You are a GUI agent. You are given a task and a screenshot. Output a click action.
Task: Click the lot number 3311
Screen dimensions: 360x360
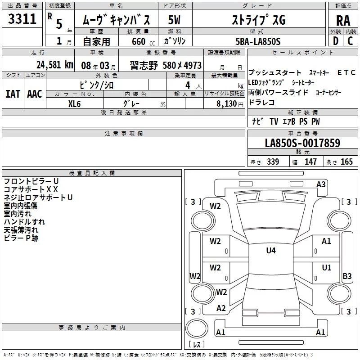pyautogui.click(x=22, y=18)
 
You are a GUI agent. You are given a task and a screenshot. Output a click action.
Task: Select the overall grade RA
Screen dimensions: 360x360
pyautogui.click(x=343, y=21)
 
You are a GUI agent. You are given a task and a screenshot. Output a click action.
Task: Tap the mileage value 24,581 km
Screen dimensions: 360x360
pyautogui.click(x=54, y=65)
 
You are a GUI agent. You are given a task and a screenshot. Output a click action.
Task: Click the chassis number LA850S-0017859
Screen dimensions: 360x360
pyautogui.click(x=302, y=143)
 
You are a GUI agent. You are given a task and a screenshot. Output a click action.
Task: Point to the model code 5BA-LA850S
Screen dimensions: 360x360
pyautogui.click(x=258, y=41)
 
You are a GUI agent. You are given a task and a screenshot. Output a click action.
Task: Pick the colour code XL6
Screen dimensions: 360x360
pyautogui.click(x=74, y=104)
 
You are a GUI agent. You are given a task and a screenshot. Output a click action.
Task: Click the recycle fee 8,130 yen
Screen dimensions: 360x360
pyautogui.click(x=229, y=104)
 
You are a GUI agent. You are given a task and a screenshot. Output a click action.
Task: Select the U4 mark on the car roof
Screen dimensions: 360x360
pyautogui.click(x=271, y=250)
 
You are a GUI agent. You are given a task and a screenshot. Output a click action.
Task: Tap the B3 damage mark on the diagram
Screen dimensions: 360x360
pyautogui.click(x=347, y=276)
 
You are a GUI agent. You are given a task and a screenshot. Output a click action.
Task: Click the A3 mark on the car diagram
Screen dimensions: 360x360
pyautogui.click(x=321, y=184)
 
